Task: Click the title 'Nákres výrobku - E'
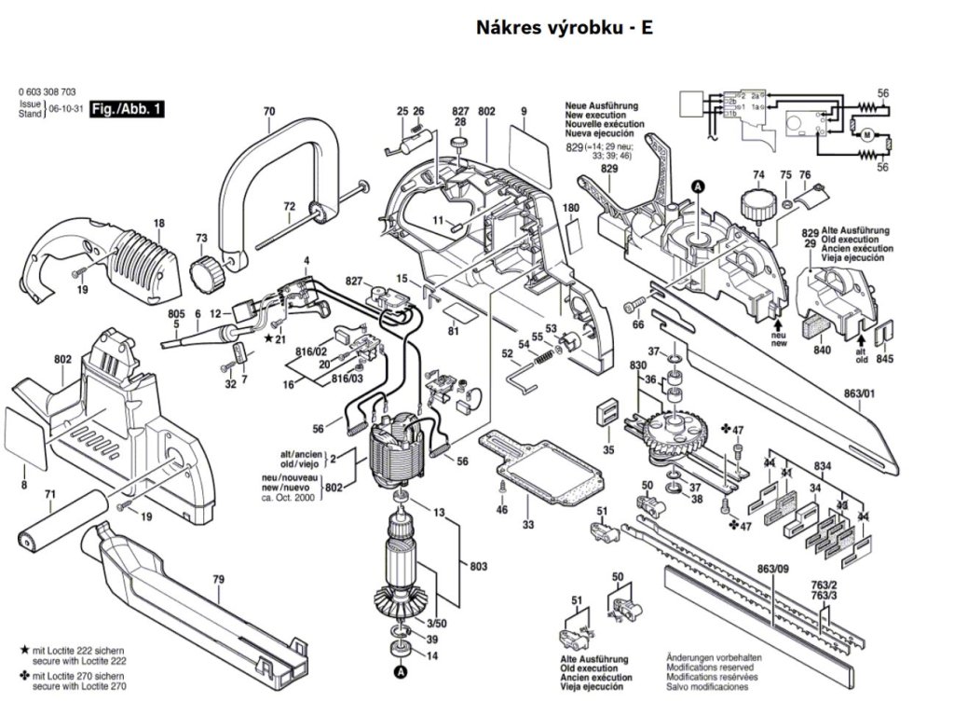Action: click(565, 28)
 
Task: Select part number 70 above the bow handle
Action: click(269, 113)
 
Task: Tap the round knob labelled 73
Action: click(206, 272)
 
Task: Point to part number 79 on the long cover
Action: click(218, 580)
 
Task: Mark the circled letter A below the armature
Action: click(400, 670)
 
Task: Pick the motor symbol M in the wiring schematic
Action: click(865, 135)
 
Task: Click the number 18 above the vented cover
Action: click(158, 223)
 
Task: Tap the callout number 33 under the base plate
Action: click(528, 526)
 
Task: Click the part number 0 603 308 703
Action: click(48, 91)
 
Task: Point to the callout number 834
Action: click(822, 464)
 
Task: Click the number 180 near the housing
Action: click(571, 207)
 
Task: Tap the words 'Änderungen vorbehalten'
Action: click(706, 657)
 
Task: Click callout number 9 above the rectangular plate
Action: click(525, 112)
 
